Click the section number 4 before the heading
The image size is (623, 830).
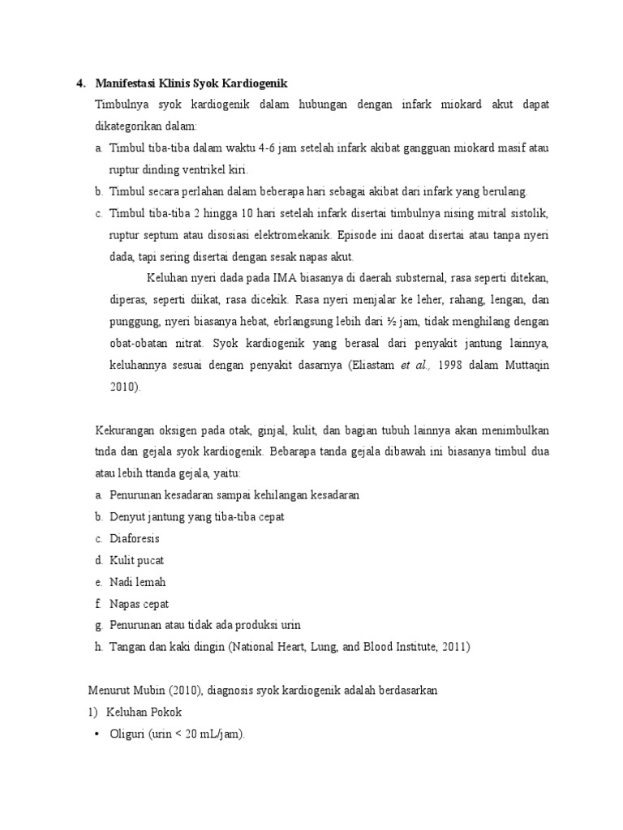pyautogui.click(x=79, y=83)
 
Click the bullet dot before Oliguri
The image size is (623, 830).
pyautogui.click(x=97, y=734)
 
